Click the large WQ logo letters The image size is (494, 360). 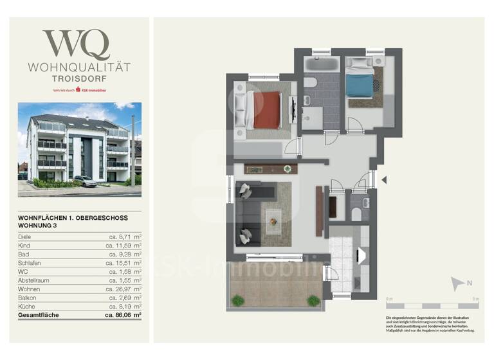pyautogui.click(x=76, y=45)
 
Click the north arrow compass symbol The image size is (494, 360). pyautogui.click(x=457, y=283)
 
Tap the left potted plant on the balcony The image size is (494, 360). pyautogui.click(x=238, y=300)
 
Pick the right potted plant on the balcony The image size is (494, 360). pyautogui.click(x=313, y=300)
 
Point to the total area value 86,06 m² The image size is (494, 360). pyautogui.click(x=123, y=316)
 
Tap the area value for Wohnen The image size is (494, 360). pyautogui.click(x=125, y=290)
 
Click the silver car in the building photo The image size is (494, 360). pyautogui.click(x=86, y=181)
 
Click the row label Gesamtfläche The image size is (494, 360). pyautogui.click(x=40, y=316)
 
